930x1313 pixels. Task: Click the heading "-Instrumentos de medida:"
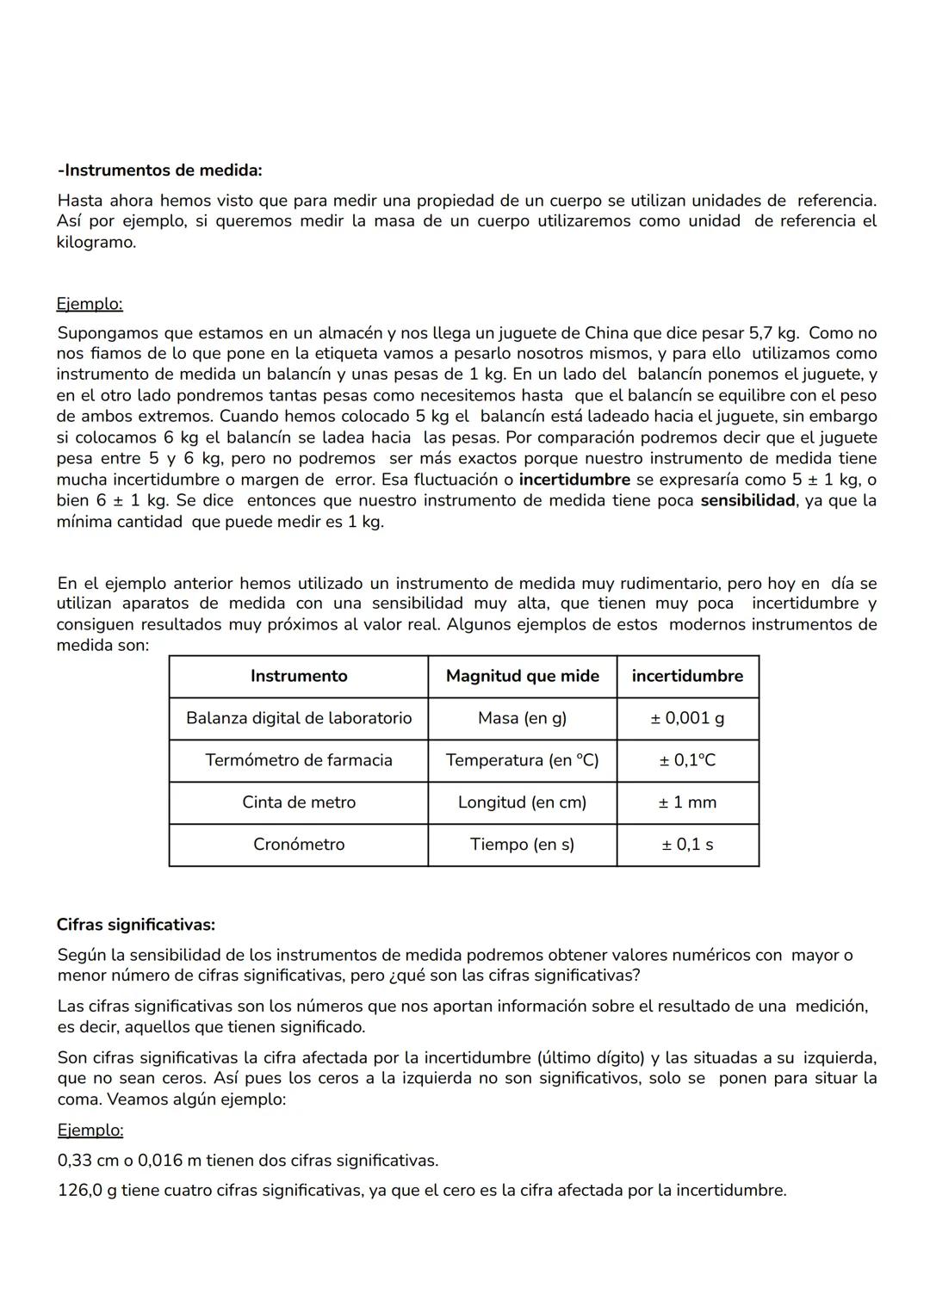click(x=159, y=170)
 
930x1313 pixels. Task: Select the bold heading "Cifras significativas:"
click(x=135, y=925)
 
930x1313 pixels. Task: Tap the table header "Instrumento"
click(x=299, y=676)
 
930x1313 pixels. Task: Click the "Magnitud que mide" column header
click(x=522, y=676)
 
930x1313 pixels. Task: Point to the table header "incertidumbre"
click(x=687, y=676)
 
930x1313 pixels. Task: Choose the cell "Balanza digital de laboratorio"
click(x=299, y=718)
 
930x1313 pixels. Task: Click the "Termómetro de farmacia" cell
click(x=299, y=760)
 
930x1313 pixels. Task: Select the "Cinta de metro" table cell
click(x=299, y=802)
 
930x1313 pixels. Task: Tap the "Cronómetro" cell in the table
click(x=299, y=845)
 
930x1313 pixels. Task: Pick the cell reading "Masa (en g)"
click(x=522, y=718)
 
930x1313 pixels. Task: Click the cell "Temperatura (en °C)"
click(x=522, y=760)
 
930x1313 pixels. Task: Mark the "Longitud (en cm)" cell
click(x=522, y=802)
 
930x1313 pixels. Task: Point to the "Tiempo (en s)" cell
click(x=522, y=845)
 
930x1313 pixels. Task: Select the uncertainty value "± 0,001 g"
click(x=687, y=718)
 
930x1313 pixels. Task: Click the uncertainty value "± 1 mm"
click(x=687, y=802)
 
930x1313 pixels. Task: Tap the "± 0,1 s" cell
click(x=687, y=845)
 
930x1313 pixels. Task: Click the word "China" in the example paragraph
click(x=607, y=333)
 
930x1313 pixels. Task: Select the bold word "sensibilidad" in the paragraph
click(x=747, y=501)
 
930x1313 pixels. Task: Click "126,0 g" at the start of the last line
click(x=87, y=1191)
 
